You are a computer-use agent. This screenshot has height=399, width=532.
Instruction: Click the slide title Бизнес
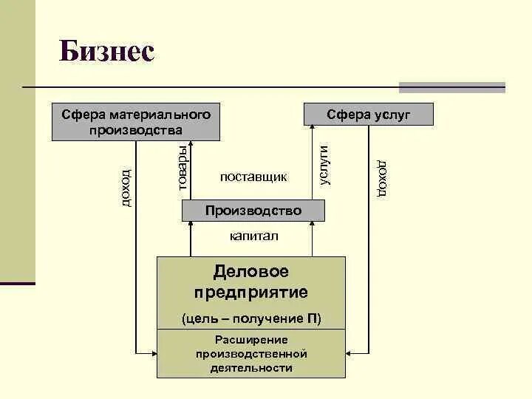point(106,52)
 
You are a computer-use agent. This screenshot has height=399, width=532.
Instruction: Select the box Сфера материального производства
point(136,122)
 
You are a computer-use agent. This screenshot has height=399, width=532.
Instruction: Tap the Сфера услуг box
point(369,115)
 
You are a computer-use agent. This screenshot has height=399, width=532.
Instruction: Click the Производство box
point(253,211)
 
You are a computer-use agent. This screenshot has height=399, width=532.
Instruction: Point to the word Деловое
point(251,272)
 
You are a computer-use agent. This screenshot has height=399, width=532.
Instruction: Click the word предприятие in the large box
point(251,292)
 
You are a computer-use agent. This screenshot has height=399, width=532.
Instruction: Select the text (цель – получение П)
point(251,318)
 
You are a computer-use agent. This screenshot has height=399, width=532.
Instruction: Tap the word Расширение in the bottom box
point(251,340)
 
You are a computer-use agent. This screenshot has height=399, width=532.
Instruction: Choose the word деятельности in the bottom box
point(251,367)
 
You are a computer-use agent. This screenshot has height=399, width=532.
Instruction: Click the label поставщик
point(253,177)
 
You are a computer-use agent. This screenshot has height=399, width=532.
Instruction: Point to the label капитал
point(253,236)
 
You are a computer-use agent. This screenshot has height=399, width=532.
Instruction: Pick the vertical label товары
point(183,166)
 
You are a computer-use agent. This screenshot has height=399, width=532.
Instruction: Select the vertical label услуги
point(323,164)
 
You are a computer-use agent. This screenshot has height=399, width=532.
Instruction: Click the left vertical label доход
point(126,188)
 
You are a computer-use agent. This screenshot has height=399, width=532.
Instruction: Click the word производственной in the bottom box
point(251,354)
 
